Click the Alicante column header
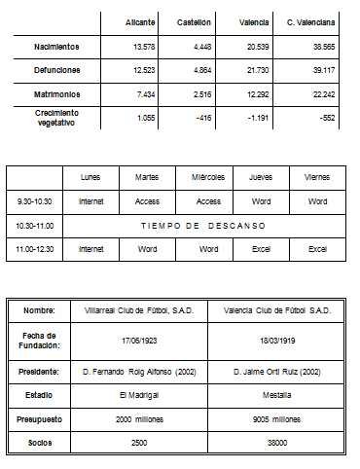(x=140, y=21)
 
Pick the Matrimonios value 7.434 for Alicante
(x=141, y=93)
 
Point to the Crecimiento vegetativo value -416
(x=201, y=117)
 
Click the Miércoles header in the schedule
(x=208, y=177)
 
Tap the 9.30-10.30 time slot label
(x=34, y=201)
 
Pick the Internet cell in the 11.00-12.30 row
(x=90, y=248)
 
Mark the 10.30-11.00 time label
(x=34, y=225)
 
